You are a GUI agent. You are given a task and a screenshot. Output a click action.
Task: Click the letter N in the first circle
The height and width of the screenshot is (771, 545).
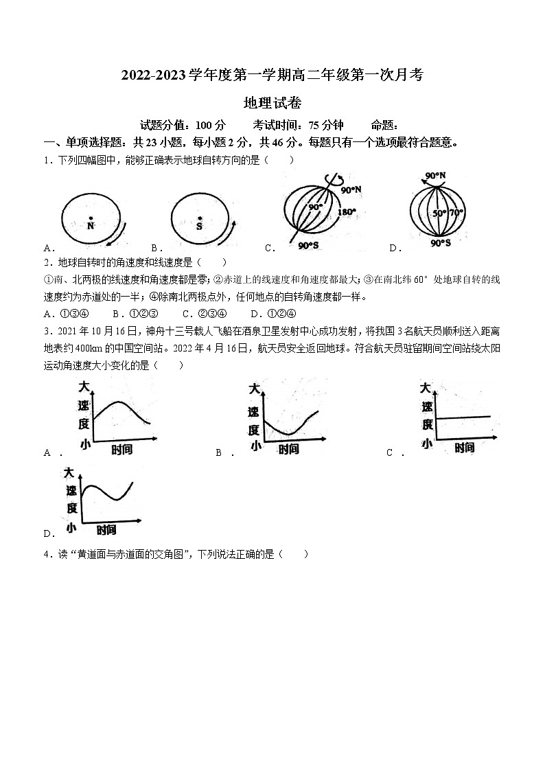91,225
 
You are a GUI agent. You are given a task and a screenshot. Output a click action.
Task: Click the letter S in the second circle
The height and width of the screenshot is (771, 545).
200,225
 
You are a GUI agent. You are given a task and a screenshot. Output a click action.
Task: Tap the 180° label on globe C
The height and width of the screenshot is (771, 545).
347,212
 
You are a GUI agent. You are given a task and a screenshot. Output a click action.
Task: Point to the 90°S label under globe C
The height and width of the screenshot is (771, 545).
308,245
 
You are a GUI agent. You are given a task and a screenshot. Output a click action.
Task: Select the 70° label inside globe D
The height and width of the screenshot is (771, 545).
456,213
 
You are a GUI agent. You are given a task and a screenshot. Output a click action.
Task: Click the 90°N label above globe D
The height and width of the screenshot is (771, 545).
435,176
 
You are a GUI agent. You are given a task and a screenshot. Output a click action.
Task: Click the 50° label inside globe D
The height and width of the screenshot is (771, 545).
440,213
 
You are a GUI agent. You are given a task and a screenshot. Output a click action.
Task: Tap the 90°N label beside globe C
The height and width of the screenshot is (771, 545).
351,189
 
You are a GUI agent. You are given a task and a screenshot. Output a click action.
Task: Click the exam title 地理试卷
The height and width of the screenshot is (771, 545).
272,104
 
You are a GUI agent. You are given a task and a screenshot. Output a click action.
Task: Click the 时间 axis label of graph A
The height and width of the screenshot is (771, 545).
121,450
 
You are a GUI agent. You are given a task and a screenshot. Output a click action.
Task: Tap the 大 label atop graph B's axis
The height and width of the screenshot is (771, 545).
254,389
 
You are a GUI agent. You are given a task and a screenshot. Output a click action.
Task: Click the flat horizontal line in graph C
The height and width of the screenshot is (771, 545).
464,417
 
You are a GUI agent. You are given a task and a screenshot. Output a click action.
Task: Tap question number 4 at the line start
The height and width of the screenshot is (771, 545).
46,555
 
